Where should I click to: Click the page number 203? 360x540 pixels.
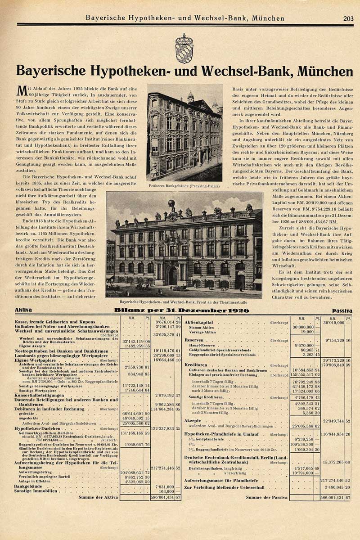pyautogui.click(x=348, y=18)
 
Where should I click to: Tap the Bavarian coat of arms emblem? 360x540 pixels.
pyautogui.click(x=184, y=48)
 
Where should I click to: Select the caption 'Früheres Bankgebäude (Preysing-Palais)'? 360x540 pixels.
pyautogui.click(x=184, y=185)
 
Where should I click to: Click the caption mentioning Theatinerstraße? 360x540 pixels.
pyautogui.click(x=184, y=302)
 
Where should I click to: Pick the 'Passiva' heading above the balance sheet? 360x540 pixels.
pyautogui.click(x=342, y=310)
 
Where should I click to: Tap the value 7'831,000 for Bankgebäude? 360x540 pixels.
pyautogui.click(x=164, y=486)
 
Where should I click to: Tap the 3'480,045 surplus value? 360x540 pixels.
pyautogui.click(x=333, y=487)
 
